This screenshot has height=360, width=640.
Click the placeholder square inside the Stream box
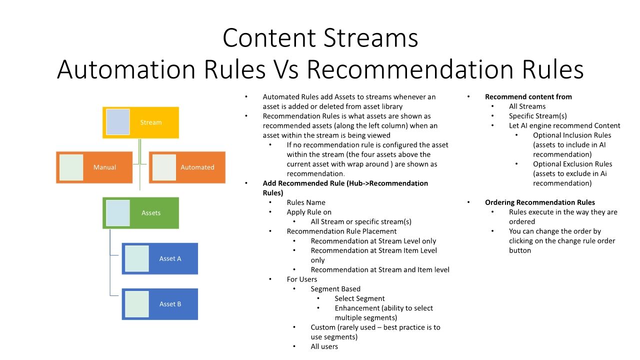point(117,122)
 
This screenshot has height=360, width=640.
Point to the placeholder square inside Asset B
point(136,304)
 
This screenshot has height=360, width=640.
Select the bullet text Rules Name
point(306,202)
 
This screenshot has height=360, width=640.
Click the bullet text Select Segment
point(359,298)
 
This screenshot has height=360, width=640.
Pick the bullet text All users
point(324,346)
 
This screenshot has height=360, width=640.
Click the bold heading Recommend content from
point(528,97)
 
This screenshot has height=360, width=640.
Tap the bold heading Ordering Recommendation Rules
point(539,202)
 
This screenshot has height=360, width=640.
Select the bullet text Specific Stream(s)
point(537,116)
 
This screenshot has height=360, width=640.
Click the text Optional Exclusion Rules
point(572,164)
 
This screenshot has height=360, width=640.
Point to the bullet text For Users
point(301,279)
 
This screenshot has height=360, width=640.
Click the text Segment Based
point(335,289)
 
